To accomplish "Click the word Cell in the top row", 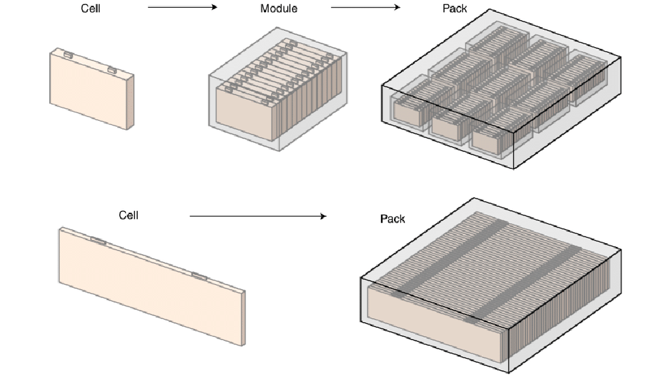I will [91, 8].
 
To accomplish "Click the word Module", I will [279, 8].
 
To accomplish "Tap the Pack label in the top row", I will [455, 8].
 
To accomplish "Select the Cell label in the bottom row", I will [129, 215].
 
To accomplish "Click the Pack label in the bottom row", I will [392, 219].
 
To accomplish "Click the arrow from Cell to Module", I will [182, 7].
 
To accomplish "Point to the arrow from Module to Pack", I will [366, 7].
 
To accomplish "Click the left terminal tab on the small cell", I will [68, 55].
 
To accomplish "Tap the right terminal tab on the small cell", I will [111, 69].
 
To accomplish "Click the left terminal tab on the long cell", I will [98, 241].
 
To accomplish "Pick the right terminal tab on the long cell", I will [199, 277].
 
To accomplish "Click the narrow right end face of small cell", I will [131, 102].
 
